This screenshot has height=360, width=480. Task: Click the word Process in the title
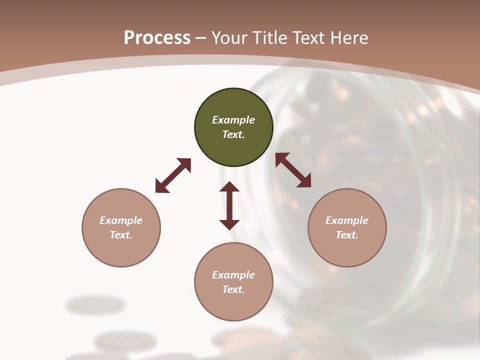coord(157,38)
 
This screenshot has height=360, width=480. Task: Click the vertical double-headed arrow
coord(229,205)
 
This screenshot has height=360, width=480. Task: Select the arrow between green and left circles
coord(173,175)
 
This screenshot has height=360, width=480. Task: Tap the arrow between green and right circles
coord(293,170)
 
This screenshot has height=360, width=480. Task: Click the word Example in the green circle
coord(233,120)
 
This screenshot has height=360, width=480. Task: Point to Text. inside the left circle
coord(121,235)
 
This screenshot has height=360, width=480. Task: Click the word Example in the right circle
coord(347,220)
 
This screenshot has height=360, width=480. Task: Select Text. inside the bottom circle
coord(233,289)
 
